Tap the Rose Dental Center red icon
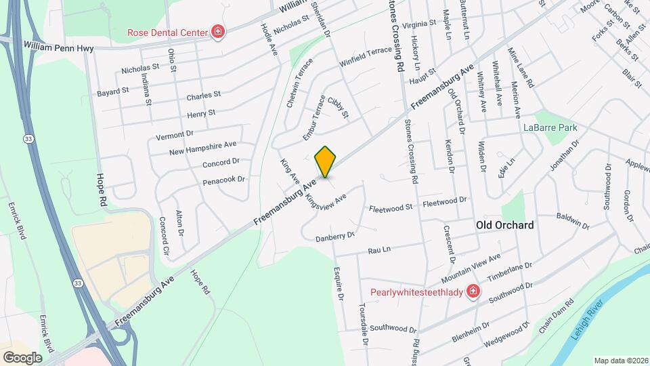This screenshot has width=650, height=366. (218, 32)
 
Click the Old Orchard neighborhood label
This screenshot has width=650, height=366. (504, 225)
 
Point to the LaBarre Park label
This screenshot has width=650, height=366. (549, 127)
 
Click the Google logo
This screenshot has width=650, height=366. (22, 357)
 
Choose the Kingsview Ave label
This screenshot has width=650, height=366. (325, 201)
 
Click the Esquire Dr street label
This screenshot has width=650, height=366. (339, 284)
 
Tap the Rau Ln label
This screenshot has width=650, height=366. (379, 250)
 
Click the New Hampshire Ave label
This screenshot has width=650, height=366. (202, 147)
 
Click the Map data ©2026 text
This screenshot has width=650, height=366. (621, 361)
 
